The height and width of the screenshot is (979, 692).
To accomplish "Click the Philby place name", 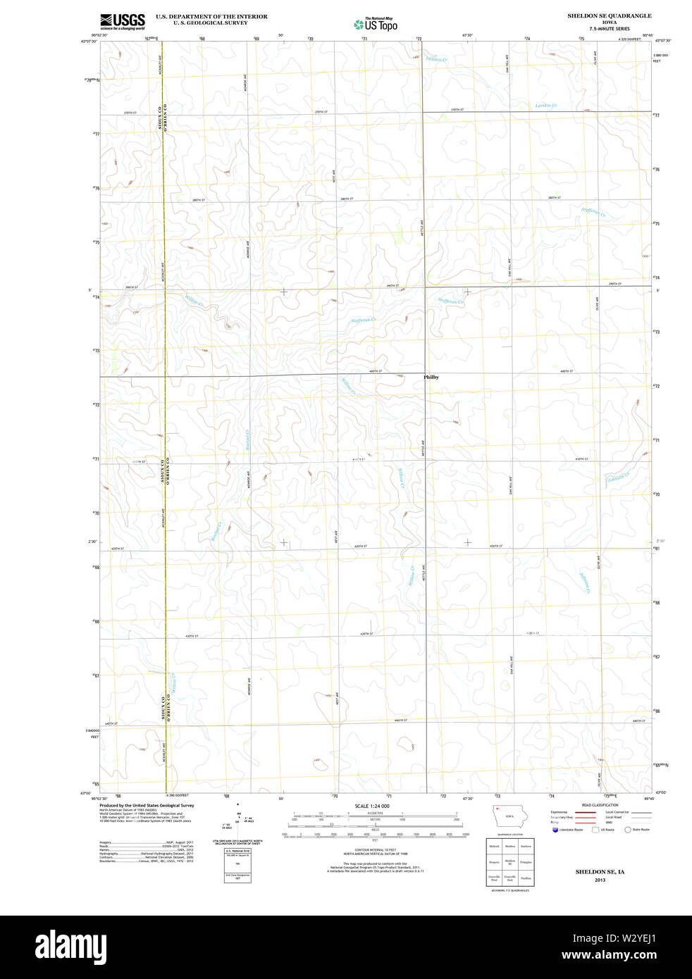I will [x=431, y=378].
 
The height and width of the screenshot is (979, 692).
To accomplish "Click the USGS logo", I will [x=122, y=21].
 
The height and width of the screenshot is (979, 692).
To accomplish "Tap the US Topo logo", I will [x=376, y=25].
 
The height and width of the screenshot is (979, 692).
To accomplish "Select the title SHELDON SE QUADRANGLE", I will [x=609, y=15].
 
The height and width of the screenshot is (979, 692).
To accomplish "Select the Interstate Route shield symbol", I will [x=555, y=830].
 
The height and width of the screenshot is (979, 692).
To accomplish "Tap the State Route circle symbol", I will [x=627, y=830].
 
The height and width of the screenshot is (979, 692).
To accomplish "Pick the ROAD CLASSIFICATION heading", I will [x=600, y=805].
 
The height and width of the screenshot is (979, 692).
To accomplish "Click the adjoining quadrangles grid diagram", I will [x=509, y=861].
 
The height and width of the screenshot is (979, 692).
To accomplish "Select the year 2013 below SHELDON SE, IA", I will [x=600, y=880].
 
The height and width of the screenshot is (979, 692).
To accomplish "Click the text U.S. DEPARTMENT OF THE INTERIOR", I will [x=211, y=16].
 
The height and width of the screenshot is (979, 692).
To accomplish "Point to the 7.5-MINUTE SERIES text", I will [x=609, y=29].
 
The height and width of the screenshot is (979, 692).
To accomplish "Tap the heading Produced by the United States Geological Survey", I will [x=147, y=805].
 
